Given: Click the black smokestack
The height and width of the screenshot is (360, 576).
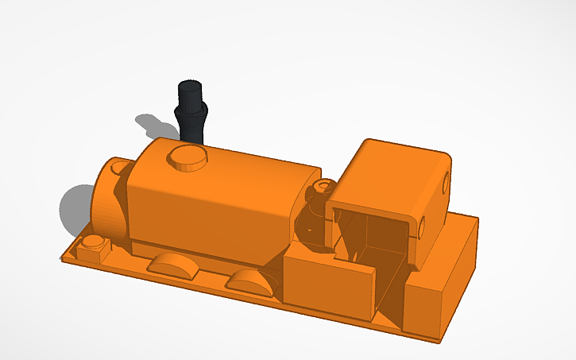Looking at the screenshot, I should (191, 115).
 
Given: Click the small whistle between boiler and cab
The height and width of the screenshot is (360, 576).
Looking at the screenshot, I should (322, 191).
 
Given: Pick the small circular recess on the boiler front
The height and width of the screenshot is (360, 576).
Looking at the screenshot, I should (121, 168).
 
